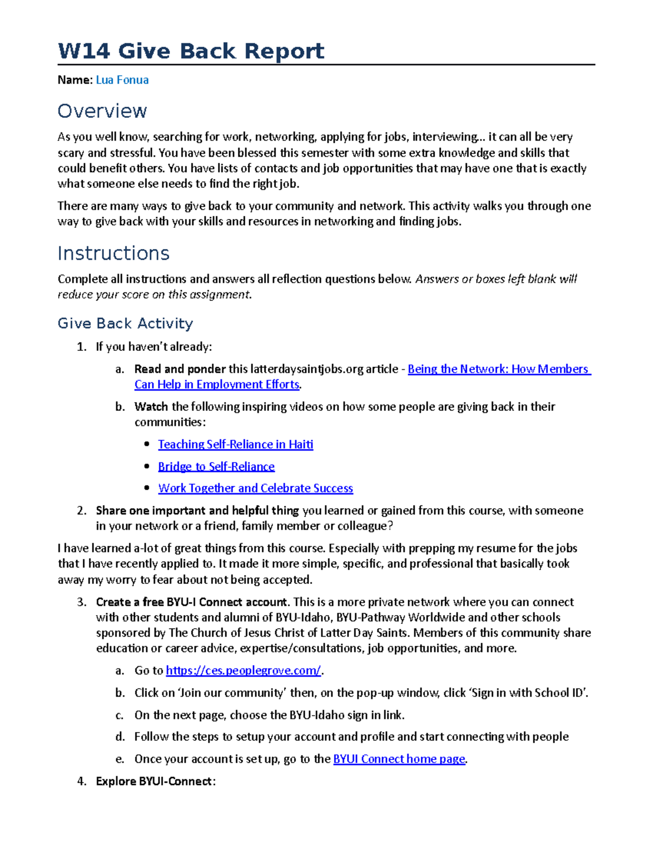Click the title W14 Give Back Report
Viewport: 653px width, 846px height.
191,51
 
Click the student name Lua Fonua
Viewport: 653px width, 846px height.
122,80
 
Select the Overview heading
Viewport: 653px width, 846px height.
102,111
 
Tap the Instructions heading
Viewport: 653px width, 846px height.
113,253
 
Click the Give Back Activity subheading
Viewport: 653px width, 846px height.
125,324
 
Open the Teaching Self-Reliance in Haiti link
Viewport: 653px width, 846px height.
235,445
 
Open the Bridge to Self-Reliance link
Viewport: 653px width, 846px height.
216,467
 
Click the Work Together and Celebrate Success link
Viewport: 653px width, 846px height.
255,489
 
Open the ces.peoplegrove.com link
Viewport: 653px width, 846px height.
243,671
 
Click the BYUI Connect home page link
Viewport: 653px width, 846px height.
399,759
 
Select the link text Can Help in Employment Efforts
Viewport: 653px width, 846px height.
217,385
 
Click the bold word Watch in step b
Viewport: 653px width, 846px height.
151,407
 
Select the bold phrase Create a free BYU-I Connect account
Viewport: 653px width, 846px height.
192,602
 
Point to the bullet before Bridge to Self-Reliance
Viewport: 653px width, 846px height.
147,467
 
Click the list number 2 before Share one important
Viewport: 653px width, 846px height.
82,511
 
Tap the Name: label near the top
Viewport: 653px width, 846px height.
75,80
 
